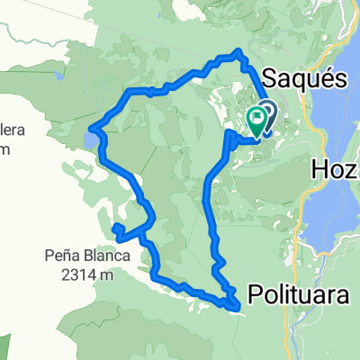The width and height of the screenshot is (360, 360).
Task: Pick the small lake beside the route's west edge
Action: pos(92,139)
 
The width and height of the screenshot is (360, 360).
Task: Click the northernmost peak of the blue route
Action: pos(238,54)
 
